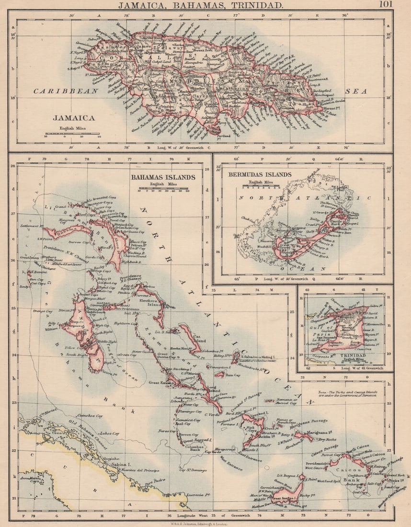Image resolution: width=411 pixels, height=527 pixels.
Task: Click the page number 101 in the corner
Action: [386, 5]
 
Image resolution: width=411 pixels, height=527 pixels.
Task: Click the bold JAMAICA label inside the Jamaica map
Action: [73, 117]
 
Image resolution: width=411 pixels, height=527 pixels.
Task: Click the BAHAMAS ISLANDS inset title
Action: [163, 177]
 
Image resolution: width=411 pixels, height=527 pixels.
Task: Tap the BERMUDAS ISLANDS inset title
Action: [259, 175]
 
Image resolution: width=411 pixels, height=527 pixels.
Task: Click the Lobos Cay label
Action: [109, 433]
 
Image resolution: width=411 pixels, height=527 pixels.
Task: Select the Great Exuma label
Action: [160, 382]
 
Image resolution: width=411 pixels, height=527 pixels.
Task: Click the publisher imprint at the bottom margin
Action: [205, 523]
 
